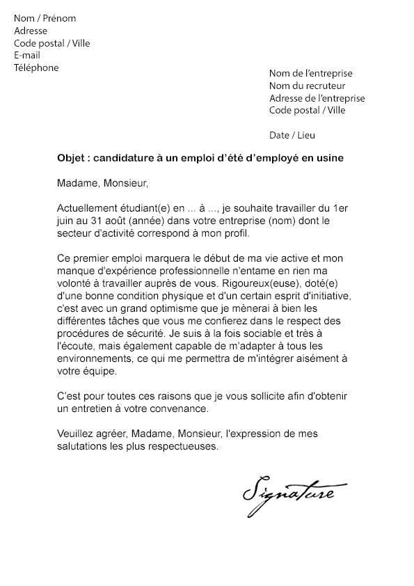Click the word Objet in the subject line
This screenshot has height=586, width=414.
70,158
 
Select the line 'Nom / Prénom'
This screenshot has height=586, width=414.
45,18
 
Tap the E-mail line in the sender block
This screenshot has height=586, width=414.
27,56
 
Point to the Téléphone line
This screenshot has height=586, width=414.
36,68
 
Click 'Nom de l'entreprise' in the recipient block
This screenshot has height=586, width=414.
310,73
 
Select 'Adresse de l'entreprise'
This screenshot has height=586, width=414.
317,98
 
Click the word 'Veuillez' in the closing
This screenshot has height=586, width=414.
76,434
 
